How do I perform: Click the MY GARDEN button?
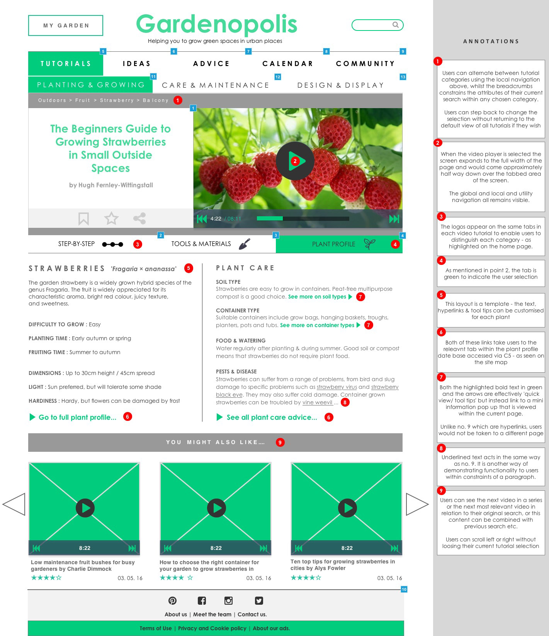coord(66,25)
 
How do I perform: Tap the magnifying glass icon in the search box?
coord(396,25)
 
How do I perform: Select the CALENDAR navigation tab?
coord(288,64)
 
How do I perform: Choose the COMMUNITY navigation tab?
coord(365,64)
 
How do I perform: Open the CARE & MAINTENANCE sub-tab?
coord(216,85)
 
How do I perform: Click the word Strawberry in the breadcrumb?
coord(117,100)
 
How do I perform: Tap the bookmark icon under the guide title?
coord(83,219)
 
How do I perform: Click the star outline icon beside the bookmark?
coord(111,219)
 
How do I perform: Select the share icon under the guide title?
coord(139,219)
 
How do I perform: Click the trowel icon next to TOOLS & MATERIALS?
coord(245,244)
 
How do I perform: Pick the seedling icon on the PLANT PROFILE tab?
coord(369,244)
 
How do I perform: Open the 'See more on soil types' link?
coord(317,297)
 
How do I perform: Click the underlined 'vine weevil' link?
coord(318,402)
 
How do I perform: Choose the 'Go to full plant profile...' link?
coord(77,417)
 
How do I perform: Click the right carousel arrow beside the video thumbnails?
coord(417,504)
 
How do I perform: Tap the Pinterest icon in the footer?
coord(172,600)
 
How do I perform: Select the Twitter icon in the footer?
coord(259,600)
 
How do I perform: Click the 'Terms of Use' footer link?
coord(156,628)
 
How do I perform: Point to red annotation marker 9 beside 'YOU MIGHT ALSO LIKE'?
coord(280,442)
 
